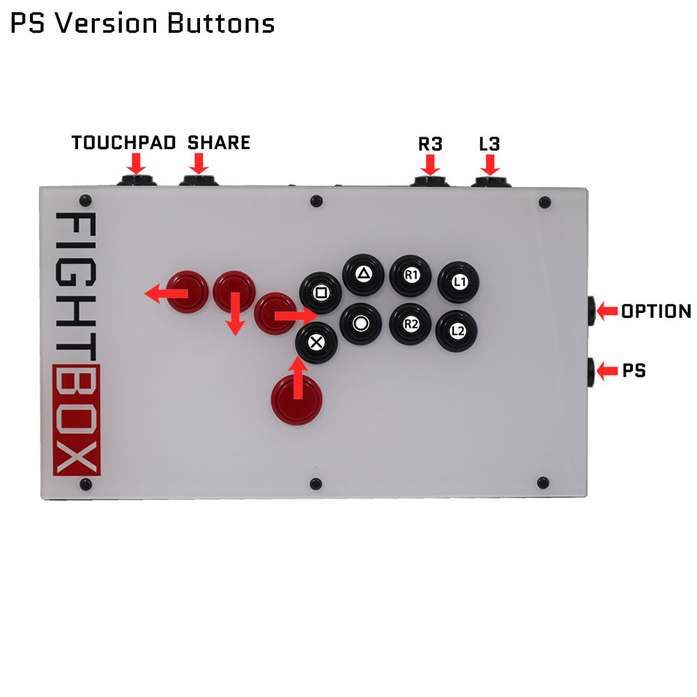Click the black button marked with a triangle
[363, 275]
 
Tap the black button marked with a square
[321, 293]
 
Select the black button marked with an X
[316, 342]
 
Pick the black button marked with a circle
[361, 323]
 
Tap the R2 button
[410, 323]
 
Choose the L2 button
[457, 331]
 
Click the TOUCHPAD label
[123, 144]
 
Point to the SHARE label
[219, 144]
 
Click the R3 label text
[430, 145]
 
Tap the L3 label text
[489, 145]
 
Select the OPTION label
[656, 312]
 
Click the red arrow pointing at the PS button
[607, 371]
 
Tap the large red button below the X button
[296, 398]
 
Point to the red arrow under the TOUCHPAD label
[137, 164]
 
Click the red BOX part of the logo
[77, 420]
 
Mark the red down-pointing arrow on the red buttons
[236, 314]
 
